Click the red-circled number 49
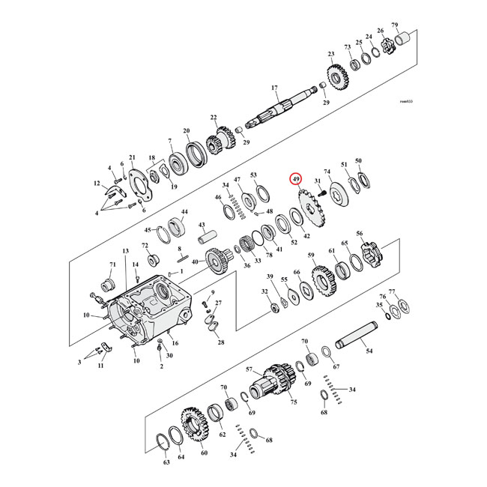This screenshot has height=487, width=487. (x=297, y=180)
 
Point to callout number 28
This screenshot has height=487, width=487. (x=220, y=342)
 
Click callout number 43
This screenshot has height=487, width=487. (x=202, y=225)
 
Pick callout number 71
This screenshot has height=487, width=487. (x=113, y=264)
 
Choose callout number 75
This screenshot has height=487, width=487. (x=294, y=402)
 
